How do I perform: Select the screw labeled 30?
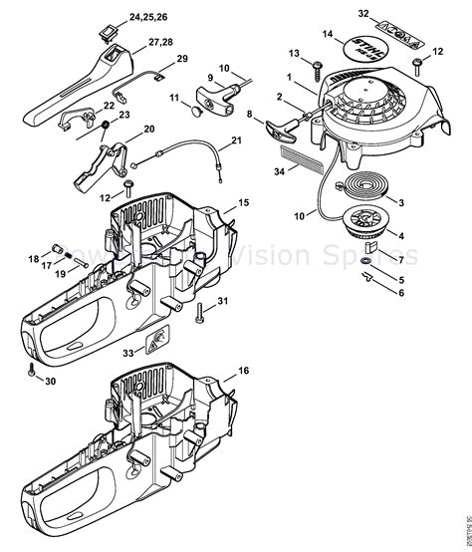coord(33,370)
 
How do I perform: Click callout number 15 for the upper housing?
coord(244,202)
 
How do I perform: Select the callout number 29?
coord(181,60)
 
